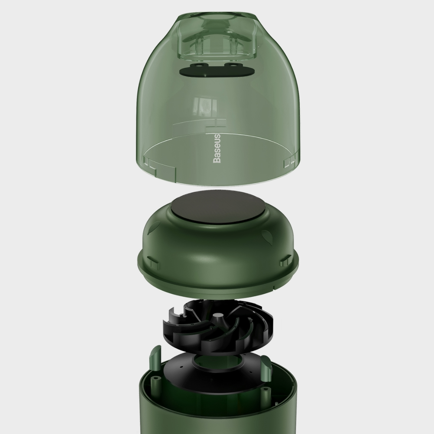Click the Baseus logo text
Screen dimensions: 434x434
[217, 148]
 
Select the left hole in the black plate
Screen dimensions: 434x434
[198, 67]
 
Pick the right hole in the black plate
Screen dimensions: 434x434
[231, 65]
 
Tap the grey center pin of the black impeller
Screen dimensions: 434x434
[219, 316]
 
